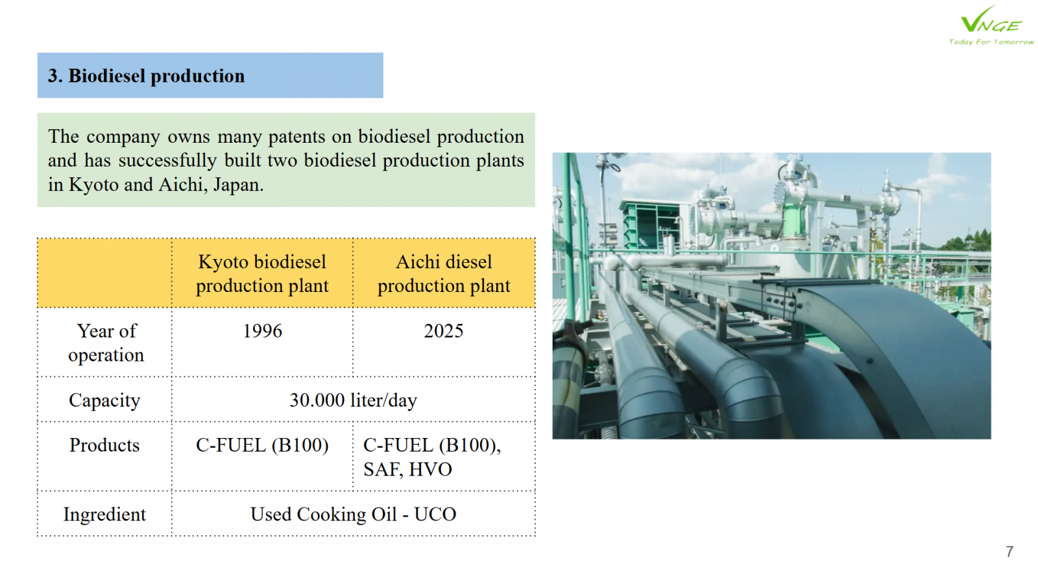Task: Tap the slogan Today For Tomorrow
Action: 991,42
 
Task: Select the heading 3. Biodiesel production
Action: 146,76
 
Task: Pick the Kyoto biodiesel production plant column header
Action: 262,273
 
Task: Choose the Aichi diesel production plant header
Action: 444,273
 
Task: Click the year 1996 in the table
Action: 262,331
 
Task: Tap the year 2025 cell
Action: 444,331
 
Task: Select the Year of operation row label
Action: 106,343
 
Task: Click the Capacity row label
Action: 104,400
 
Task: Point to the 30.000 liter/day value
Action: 353,400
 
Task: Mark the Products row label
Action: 104,445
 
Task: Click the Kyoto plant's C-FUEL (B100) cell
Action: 262,445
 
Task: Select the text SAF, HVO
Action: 407,470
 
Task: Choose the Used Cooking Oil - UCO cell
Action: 353,515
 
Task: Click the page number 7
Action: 1009,552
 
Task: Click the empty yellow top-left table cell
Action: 104,273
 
